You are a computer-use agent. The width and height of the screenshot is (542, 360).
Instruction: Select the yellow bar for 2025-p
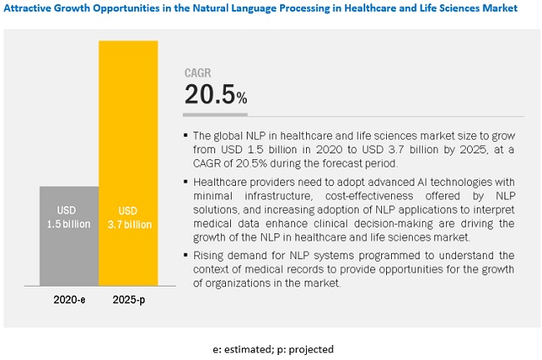point(128,167)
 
